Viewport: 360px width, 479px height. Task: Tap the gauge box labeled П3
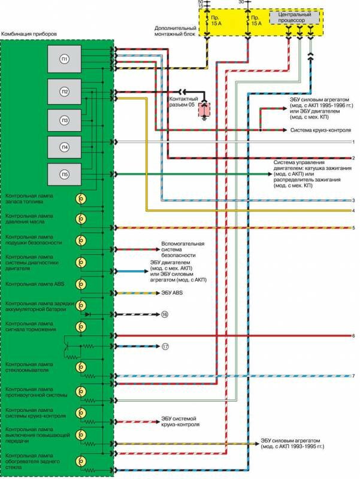[64, 119]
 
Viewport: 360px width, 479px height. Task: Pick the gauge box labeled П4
[64, 147]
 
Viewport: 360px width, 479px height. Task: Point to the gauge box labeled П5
[64, 174]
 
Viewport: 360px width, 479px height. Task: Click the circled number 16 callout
[165, 314]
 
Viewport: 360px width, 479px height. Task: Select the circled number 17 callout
[165, 347]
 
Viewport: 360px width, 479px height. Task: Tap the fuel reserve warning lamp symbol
[80, 199]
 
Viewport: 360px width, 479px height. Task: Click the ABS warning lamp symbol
[80, 285]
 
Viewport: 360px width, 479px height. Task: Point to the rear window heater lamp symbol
[80, 460]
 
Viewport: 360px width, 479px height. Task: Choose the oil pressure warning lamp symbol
[80, 218]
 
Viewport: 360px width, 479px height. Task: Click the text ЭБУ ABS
[171, 293]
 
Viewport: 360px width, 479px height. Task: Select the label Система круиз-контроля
[317, 130]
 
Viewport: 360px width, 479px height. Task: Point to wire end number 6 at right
[354, 336]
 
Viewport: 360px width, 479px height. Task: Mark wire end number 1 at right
[354, 142]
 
